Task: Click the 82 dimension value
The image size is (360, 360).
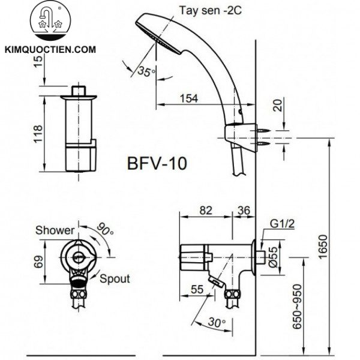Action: click(x=205, y=210)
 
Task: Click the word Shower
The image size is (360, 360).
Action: click(x=55, y=230)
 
